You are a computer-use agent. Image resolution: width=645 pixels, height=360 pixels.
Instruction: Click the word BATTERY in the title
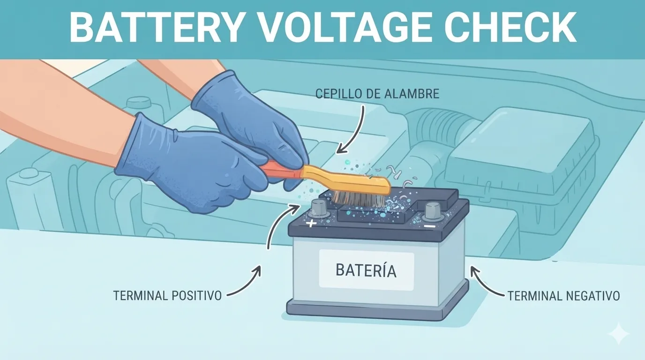156,28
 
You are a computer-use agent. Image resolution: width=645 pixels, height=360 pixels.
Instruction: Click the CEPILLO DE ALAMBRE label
377,94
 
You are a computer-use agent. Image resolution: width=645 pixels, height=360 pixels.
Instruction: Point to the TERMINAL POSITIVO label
167,295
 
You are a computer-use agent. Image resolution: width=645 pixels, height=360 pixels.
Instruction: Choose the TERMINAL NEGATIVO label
563,296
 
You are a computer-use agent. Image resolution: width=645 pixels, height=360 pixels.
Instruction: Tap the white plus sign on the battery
311,223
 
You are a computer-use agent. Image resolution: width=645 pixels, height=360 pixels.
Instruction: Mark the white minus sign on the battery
430,226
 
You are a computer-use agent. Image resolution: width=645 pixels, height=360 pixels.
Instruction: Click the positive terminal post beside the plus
319,209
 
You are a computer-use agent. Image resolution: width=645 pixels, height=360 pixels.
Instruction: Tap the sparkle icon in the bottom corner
619,333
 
